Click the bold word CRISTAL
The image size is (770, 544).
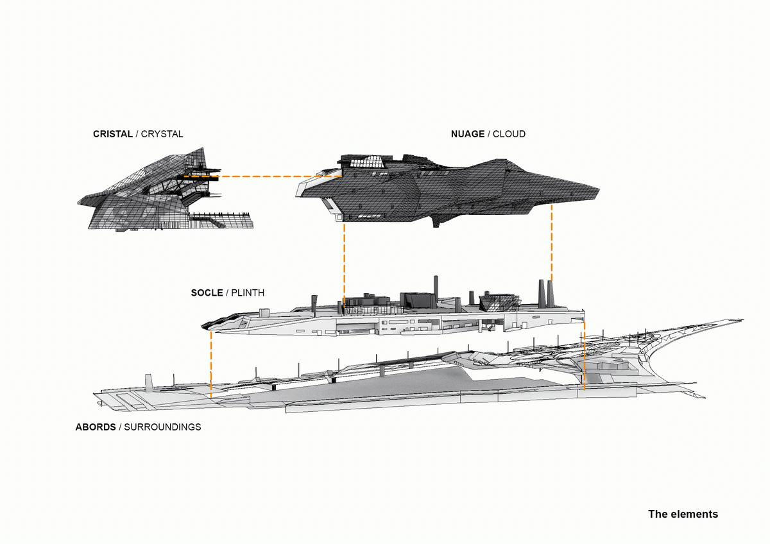(113, 134)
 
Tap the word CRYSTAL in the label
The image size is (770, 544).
(162, 134)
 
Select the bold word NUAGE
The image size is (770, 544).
(468, 134)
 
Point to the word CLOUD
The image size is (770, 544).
(509, 134)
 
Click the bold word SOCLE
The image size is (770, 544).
(207, 293)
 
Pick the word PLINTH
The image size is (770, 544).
(248, 293)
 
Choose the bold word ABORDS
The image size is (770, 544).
(96, 427)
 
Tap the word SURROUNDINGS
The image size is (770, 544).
(162, 427)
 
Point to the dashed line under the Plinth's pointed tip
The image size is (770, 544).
(210, 365)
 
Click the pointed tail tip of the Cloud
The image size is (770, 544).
(599, 189)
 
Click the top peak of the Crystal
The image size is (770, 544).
(203, 148)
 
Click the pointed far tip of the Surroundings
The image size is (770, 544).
(742, 320)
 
